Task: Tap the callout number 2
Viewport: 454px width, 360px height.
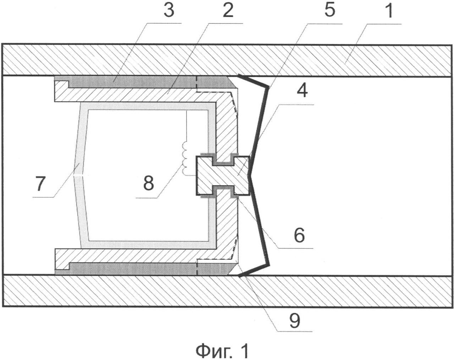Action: click(x=228, y=11)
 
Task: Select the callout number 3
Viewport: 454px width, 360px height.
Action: click(x=169, y=11)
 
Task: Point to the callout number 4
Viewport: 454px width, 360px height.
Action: click(x=302, y=90)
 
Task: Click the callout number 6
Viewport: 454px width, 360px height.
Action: click(x=300, y=235)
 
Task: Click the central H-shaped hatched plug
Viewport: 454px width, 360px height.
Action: click(x=223, y=175)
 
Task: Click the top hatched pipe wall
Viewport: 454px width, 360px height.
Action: click(x=227, y=60)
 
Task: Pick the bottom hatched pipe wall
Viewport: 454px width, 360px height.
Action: click(x=227, y=291)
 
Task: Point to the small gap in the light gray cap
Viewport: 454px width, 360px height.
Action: click(x=79, y=176)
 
